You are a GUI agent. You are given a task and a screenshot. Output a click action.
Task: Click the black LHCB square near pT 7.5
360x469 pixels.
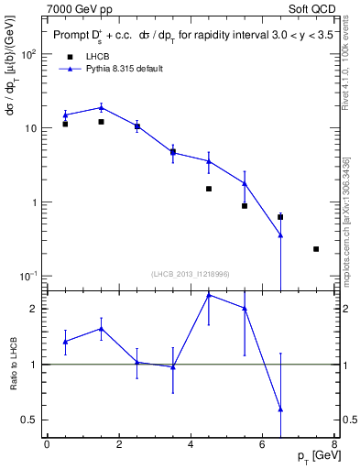pyautogui.click(x=316, y=249)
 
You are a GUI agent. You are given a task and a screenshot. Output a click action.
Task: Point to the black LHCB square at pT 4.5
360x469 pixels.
pyautogui.click(x=209, y=189)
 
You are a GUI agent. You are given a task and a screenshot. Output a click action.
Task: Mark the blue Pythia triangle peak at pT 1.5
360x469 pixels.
pyautogui.click(x=101, y=107)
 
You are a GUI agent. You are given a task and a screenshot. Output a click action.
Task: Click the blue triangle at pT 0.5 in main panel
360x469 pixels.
pyautogui.click(x=65, y=115)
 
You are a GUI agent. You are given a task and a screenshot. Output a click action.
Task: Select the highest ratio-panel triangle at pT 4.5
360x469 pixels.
pyautogui.click(x=209, y=295)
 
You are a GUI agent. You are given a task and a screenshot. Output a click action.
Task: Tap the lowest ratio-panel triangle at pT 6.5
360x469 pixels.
pyautogui.click(x=280, y=409)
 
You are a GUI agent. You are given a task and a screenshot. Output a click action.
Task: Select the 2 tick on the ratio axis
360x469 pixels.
pyautogui.click(x=36, y=309)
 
